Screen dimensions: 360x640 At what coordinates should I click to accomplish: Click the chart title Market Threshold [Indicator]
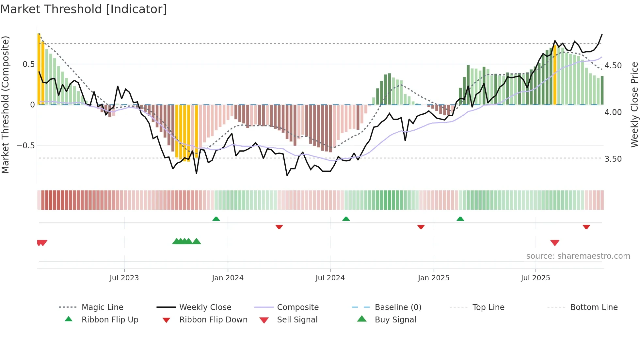point(84,9)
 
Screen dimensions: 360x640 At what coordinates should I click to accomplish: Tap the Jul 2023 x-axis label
point(124,278)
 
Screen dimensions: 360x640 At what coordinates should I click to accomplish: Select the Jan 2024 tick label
point(228,278)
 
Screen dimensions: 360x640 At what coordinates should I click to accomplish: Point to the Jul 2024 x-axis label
point(330,278)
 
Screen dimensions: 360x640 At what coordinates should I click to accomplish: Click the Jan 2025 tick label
point(434,278)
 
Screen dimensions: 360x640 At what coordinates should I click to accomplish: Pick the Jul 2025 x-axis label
point(536,278)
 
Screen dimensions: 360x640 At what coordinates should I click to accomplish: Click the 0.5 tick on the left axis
point(29,64)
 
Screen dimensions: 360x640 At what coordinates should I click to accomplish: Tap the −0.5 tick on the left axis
point(26,146)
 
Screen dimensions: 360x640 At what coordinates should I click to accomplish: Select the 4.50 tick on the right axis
point(613,66)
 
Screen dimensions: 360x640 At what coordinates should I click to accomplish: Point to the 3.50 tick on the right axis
point(613,159)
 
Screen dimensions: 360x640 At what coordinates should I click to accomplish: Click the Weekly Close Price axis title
point(634,105)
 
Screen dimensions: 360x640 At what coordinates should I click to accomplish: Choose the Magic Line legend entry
point(102,307)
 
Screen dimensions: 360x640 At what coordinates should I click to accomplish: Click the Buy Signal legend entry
point(395,320)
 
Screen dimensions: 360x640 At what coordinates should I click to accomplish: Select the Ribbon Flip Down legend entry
point(213,320)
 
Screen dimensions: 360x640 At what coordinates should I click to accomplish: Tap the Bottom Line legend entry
point(594,307)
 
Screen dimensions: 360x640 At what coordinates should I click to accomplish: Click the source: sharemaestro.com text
point(578,256)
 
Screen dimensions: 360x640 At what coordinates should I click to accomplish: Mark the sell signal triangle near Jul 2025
point(555,243)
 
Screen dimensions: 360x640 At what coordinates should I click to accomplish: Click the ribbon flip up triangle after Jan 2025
point(460,219)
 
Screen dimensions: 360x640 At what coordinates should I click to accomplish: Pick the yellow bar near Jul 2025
point(555,75)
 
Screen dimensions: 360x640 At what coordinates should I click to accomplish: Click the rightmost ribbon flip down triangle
point(586,227)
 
